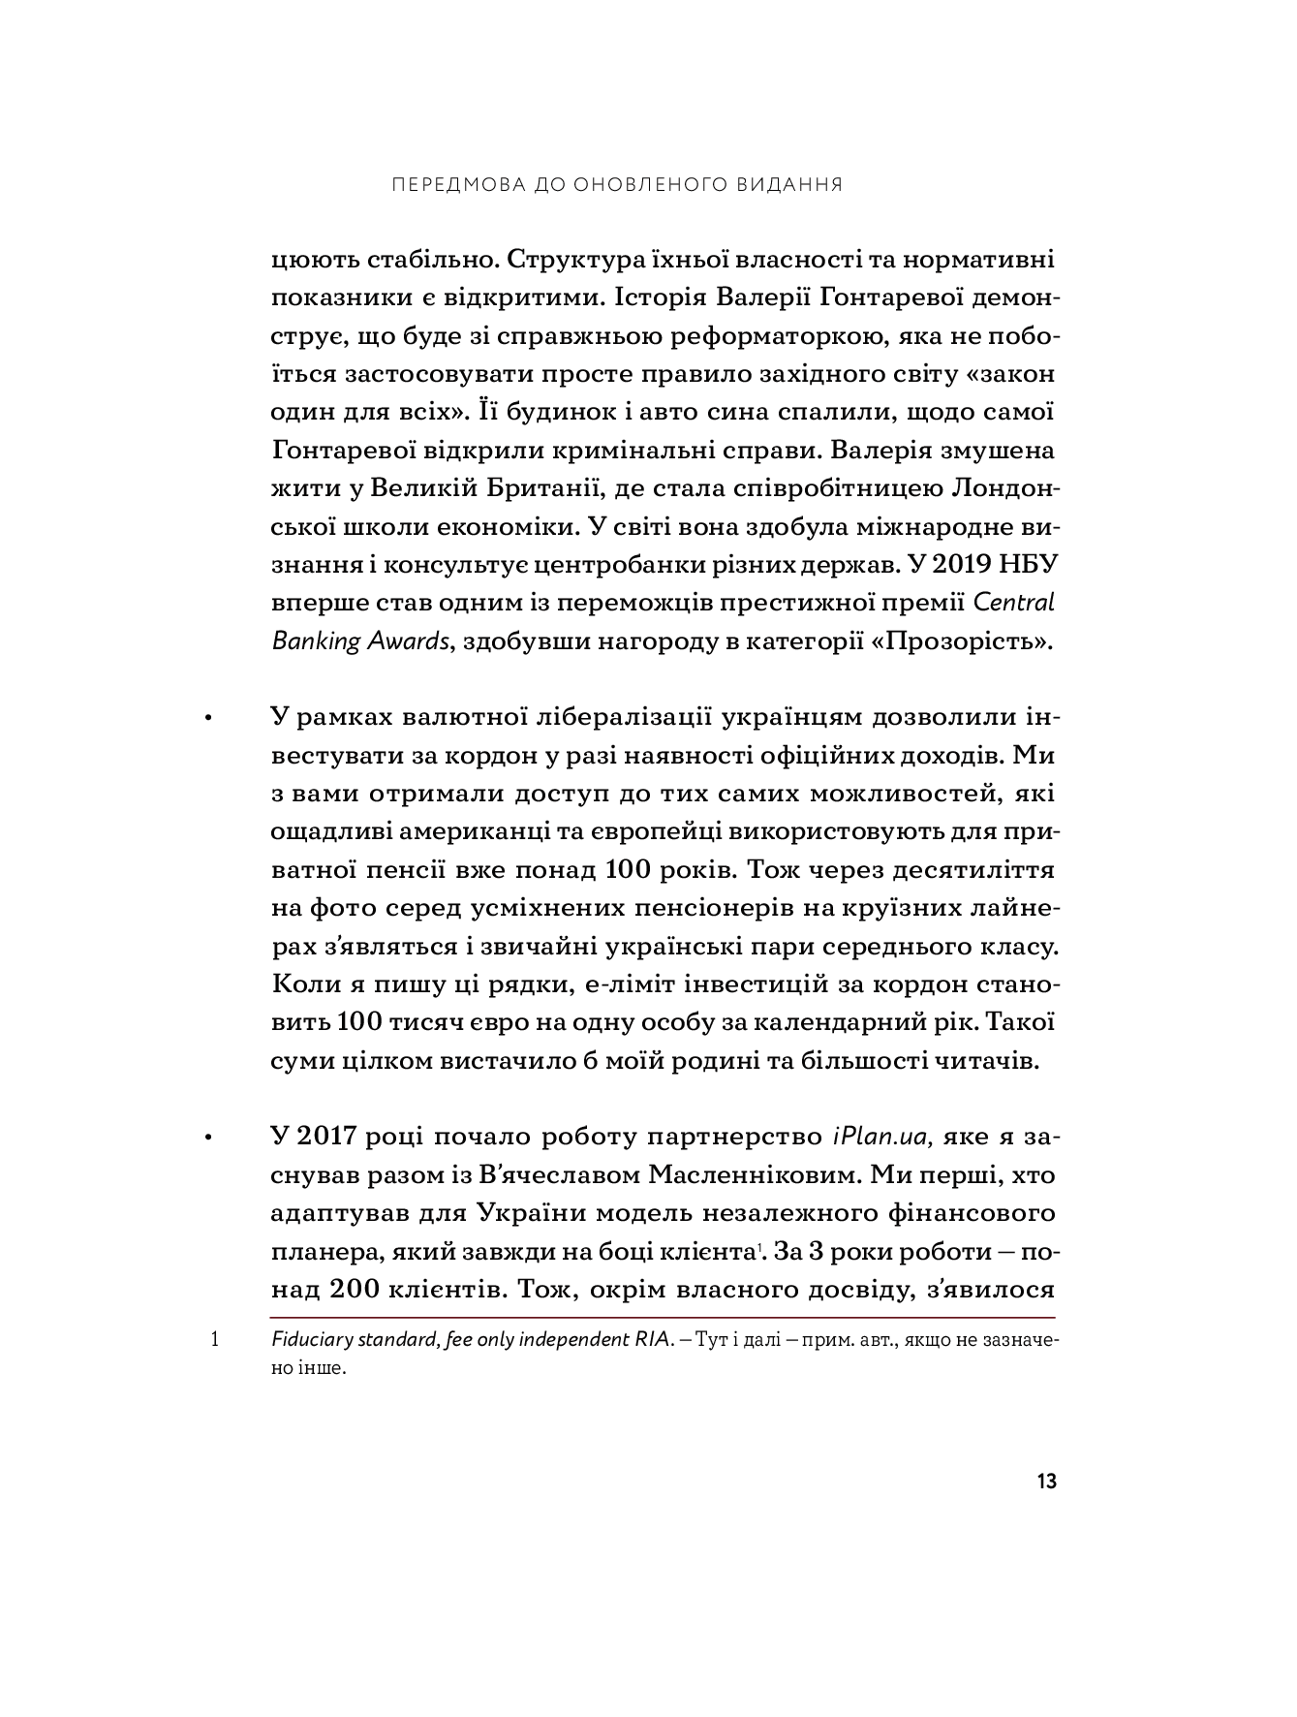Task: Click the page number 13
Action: pos(1046,1482)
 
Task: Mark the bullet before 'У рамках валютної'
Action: pos(206,719)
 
